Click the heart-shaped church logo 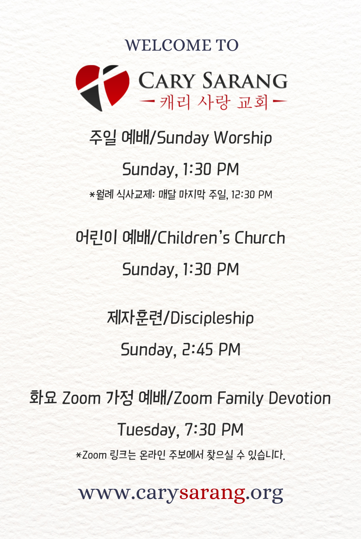pyautogui.click(x=102, y=88)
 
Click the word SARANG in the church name pyautogui.click(x=245, y=80)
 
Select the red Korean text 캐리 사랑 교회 pyautogui.click(x=214, y=102)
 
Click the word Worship pyautogui.click(x=243, y=138)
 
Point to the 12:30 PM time pyautogui.click(x=252, y=195)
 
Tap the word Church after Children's pyautogui.click(x=260, y=238)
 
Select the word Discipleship pyautogui.click(x=212, y=318)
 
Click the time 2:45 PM pyautogui.click(x=211, y=349)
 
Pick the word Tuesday pyautogui.click(x=148, y=430)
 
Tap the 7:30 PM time pyautogui.click(x=214, y=430)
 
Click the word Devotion pyautogui.click(x=299, y=398)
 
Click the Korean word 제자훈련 pyautogui.click(x=135, y=318)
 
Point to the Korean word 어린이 pyautogui.click(x=96, y=237)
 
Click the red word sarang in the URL pyautogui.click(x=212, y=493)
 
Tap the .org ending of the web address pyautogui.click(x=264, y=493)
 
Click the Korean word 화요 pyautogui.click(x=43, y=398)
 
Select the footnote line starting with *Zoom pyautogui.click(x=180, y=455)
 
